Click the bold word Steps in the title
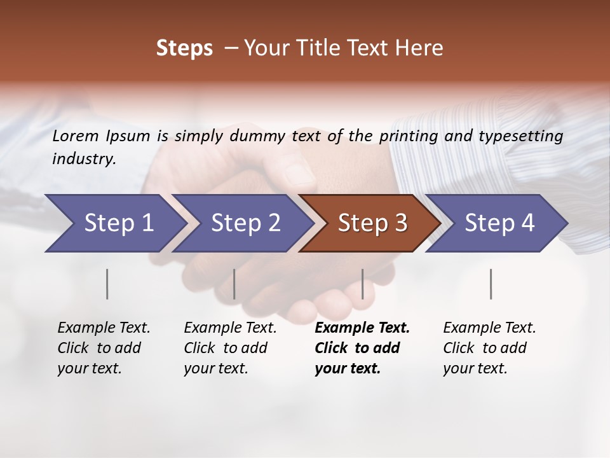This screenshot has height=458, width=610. (x=184, y=48)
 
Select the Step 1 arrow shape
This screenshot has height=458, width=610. (x=114, y=223)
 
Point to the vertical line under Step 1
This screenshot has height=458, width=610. (x=107, y=284)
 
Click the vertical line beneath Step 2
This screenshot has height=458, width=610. (x=234, y=284)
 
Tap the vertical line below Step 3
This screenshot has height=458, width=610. (x=363, y=284)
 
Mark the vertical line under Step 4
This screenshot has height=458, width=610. (x=491, y=284)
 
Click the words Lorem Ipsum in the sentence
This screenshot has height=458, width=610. (x=101, y=135)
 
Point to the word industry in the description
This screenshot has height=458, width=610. (x=83, y=159)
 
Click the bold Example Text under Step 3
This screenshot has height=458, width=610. (x=362, y=328)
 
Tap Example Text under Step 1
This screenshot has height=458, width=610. (x=104, y=328)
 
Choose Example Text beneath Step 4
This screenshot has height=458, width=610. (x=489, y=328)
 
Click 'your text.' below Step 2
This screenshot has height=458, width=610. (x=215, y=368)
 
